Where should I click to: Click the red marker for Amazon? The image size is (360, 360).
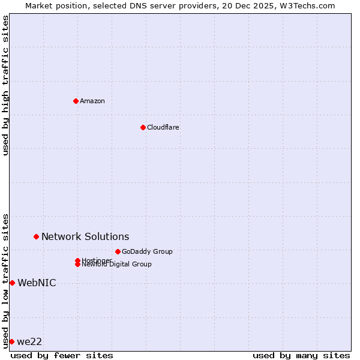[76, 101]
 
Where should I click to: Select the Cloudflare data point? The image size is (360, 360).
[143, 127]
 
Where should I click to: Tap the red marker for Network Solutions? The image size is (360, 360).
[36, 236]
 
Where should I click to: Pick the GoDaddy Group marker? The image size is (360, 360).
[118, 251]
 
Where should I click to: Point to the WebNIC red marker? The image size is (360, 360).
[12, 283]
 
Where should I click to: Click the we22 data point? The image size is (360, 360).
[11, 341]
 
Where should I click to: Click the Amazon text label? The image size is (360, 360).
[92, 101]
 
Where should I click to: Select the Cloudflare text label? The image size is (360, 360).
[163, 127]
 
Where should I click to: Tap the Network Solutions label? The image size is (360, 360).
[85, 236]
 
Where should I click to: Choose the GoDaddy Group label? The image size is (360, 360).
[147, 251]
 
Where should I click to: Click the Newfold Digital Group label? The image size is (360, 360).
[117, 265]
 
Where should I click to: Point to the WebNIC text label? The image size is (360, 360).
[37, 283]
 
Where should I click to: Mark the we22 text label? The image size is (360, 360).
[29, 341]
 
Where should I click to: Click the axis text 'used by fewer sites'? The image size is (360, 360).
[62, 355]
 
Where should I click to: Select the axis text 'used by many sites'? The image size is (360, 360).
[301, 355]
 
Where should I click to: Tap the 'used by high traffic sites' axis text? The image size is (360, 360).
[5, 85]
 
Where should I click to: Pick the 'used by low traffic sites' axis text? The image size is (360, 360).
[5, 280]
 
